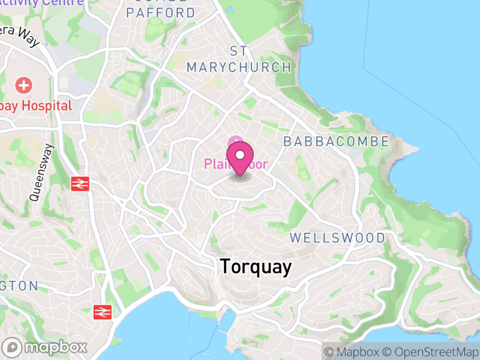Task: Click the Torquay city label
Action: click(256, 267)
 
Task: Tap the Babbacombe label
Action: click(336, 142)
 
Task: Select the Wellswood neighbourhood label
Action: click(337, 238)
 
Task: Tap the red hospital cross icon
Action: click(25, 85)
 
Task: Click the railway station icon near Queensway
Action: click(79, 183)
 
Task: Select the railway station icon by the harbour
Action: click(103, 311)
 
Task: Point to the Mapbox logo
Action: click(46, 347)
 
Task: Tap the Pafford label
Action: click(161, 13)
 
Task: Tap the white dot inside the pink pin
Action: click(240, 155)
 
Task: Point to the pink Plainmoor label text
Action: click(235, 164)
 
